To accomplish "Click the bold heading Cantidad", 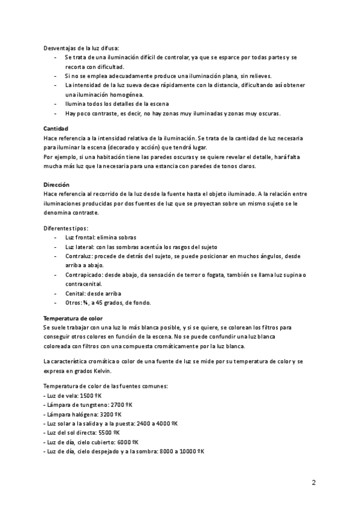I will coord(56,129).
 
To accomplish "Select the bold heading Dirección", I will coord(57,185).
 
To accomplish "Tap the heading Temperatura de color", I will coord(73,318).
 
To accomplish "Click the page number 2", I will coord(314,482).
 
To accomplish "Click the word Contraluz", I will coord(79,256).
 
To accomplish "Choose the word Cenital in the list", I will coord(75,294).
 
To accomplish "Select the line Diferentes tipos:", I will coord(66,228).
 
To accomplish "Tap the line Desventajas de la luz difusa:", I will coord(82,48).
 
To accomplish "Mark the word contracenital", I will coord(83,284).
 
